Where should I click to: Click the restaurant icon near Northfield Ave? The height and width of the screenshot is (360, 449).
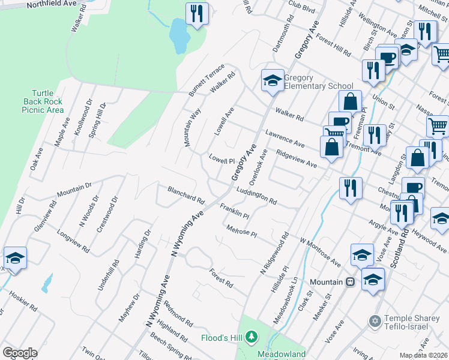[197, 13]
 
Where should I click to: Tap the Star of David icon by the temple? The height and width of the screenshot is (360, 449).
[376, 321]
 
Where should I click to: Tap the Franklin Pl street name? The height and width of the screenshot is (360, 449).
[234, 211]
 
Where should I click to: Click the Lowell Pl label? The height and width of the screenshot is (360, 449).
[221, 160]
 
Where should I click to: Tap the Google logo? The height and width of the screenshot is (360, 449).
[20, 353]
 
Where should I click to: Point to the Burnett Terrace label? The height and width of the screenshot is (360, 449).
[206, 87]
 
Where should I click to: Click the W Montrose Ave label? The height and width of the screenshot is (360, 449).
[321, 251]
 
